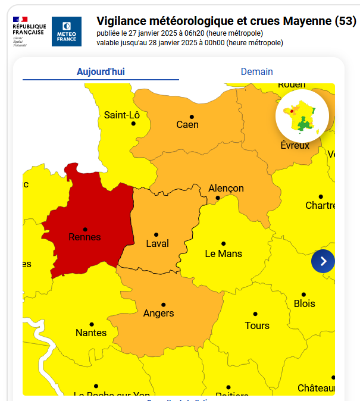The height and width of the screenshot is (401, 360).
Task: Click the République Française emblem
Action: (x=29, y=32)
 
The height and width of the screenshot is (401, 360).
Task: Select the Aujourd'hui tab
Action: (x=101, y=71)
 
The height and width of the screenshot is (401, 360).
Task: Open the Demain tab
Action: (x=256, y=71)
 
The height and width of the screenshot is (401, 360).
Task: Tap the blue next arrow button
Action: (x=323, y=261)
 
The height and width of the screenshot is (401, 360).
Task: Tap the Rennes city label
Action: (x=85, y=237)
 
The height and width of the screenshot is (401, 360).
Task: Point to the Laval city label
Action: (x=157, y=243)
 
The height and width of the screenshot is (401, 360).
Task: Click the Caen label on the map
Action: (x=187, y=124)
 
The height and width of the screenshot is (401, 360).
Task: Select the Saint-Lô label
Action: (x=121, y=115)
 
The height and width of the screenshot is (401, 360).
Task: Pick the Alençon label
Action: (x=226, y=188)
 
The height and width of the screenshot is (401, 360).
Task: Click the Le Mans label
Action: (x=223, y=253)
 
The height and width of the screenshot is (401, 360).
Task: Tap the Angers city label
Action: (x=159, y=313)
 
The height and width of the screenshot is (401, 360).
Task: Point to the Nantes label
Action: (x=91, y=333)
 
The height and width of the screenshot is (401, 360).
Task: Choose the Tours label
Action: (x=257, y=325)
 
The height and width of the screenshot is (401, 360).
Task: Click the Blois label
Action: (x=304, y=303)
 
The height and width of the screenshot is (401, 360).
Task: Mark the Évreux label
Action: (x=295, y=145)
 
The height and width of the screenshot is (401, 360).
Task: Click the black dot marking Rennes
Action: (x=85, y=229)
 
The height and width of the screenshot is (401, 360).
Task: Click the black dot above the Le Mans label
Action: (x=224, y=243)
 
